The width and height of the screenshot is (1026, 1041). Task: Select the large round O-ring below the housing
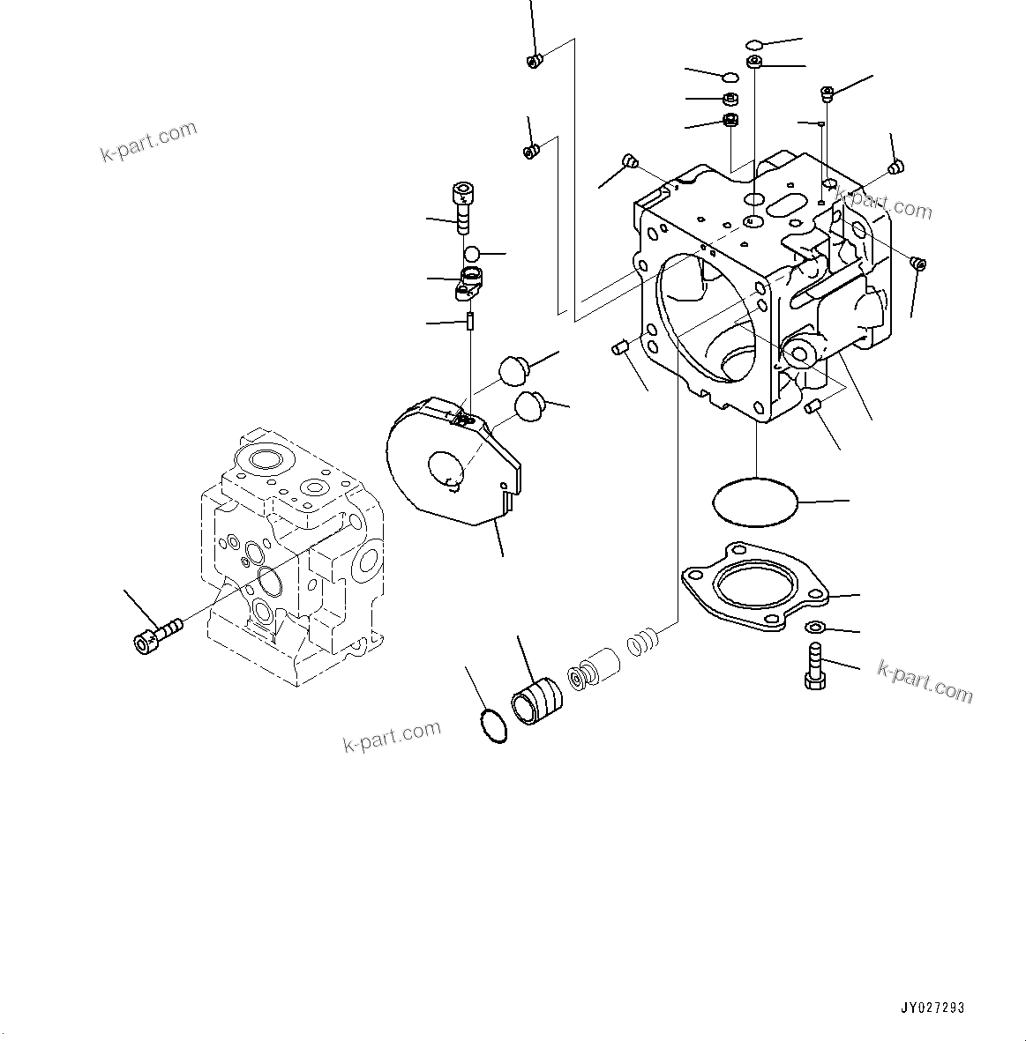754,502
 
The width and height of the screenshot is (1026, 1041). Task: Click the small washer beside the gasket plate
815,627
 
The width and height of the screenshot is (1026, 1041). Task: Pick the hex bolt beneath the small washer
814,666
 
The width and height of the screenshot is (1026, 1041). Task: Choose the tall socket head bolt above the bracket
462,206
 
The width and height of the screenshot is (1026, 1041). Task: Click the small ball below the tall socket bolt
473,253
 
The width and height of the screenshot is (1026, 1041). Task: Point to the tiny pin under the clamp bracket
471,322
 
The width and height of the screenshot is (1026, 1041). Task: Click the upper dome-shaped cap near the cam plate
513,368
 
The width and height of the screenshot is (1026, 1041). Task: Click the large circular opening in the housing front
706,317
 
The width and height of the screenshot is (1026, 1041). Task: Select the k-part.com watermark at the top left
148,142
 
